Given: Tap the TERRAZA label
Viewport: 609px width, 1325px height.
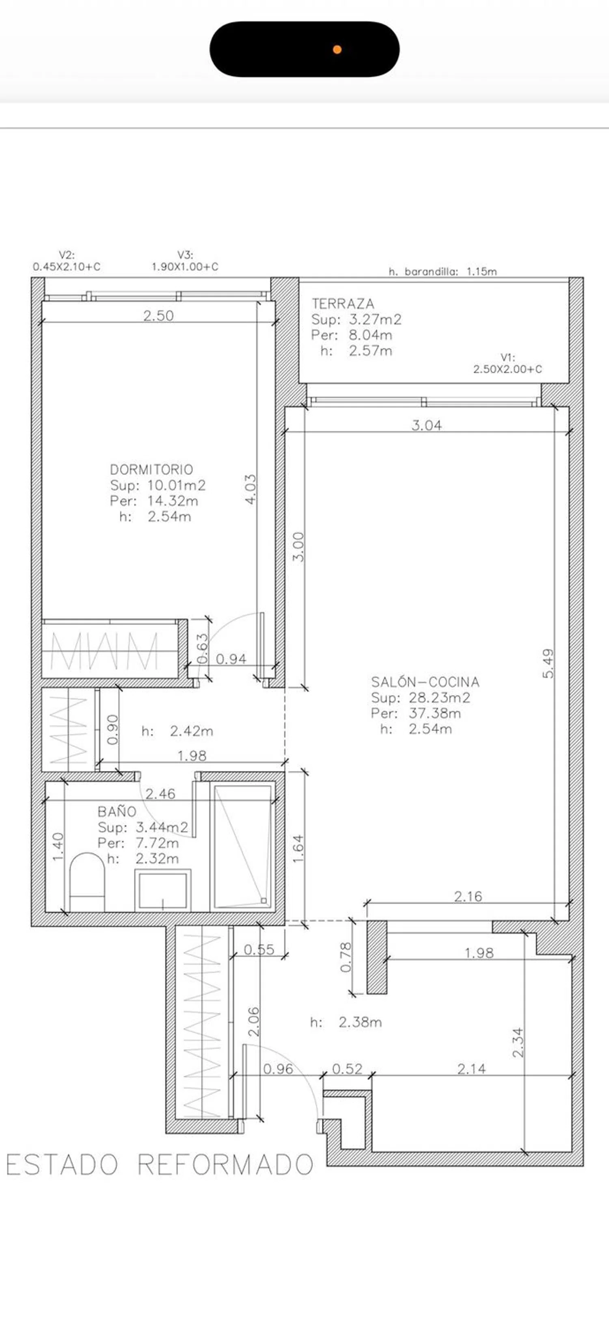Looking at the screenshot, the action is (x=343, y=304).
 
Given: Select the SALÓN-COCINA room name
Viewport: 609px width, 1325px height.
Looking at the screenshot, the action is (x=425, y=682).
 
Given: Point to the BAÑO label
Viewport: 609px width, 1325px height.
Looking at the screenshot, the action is (x=117, y=812).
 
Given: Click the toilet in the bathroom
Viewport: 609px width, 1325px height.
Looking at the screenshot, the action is (x=87, y=882).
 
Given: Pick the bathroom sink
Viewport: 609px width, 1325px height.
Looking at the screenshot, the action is (x=163, y=890).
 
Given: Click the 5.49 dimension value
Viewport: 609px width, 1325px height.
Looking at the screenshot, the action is (x=549, y=664).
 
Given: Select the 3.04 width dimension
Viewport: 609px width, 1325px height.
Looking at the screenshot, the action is (x=427, y=425).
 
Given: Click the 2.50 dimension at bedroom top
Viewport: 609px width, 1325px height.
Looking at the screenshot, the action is (x=158, y=316).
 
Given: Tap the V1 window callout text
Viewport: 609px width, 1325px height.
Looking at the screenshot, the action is (x=508, y=363).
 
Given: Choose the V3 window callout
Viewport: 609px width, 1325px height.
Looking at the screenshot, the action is (x=185, y=261).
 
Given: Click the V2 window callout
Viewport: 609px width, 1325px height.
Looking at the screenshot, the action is (x=67, y=261).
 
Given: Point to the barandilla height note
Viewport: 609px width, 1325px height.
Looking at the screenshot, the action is (x=443, y=271).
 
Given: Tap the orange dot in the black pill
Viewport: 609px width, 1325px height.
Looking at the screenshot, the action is (x=337, y=50).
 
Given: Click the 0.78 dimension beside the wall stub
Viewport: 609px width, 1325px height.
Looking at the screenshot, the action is (x=346, y=957).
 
